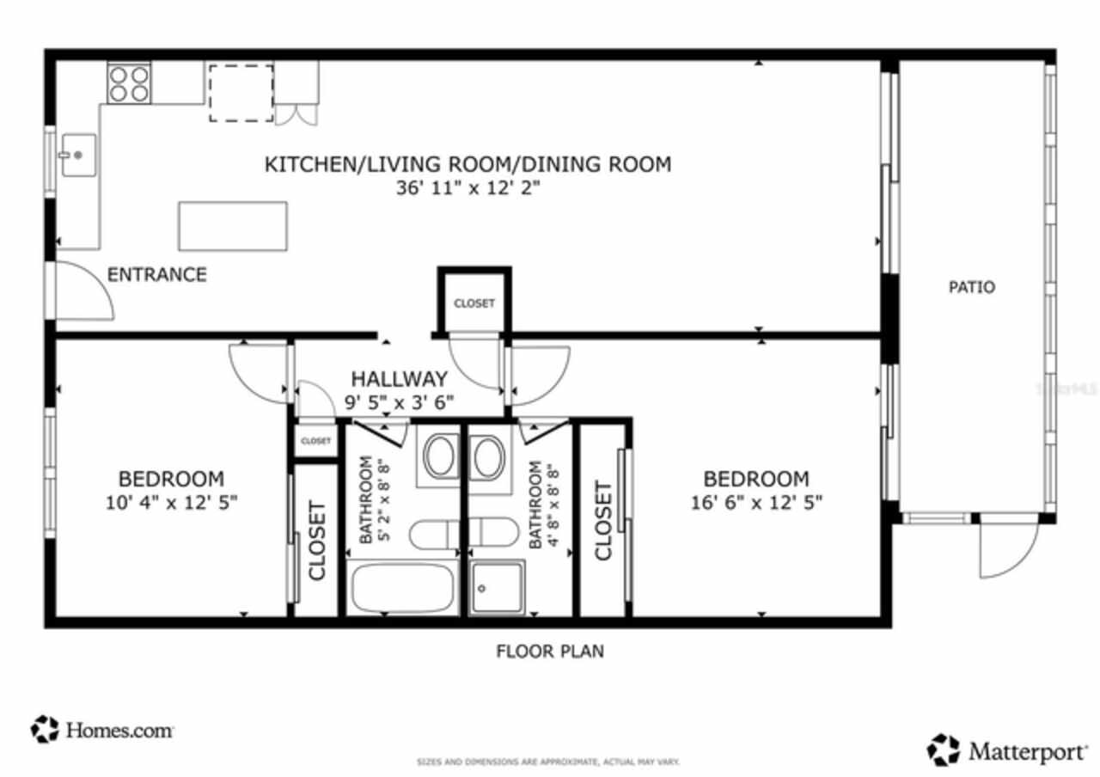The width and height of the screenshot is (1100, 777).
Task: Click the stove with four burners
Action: pyautogui.click(x=129, y=83)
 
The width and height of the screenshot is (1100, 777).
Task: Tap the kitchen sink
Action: pyautogui.click(x=78, y=156)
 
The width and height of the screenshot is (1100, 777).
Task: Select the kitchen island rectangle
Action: pyautogui.click(x=232, y=226)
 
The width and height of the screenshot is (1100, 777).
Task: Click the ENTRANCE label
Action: pyautogui.click(x=156, y=275)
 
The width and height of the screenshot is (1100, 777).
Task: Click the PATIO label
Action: pyautogui.click(x=972, y=287)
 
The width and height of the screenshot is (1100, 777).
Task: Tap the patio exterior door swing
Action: pyautogui.click(x=1007, y=550)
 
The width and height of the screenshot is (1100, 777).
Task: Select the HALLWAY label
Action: pyautogui.click(x=399, y=379)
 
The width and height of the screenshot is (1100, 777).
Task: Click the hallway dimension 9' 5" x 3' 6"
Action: pyautogui.click(x=399, y=401)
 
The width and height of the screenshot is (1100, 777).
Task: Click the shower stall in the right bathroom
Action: pyautogui.click(x=498, y=587)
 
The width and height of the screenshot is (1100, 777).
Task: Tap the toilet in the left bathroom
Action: pyautogui.click(x=435, y=535)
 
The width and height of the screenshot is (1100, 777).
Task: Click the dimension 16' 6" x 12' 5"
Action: pyautogui.click(x=756, y=502)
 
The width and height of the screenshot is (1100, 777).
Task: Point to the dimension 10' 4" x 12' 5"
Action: pyautogui.click(x=171, y=502)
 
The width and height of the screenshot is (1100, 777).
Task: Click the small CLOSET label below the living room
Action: pyautogui.click(x=474, y=303)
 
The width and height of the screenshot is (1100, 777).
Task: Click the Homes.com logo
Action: pyautogui.click(x=102, y=730)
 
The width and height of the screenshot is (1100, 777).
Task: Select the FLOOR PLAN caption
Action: pyautogui.click(x=550, y=652)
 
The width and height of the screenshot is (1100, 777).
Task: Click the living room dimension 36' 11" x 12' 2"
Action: pyautogui.click(x=467, y=187)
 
